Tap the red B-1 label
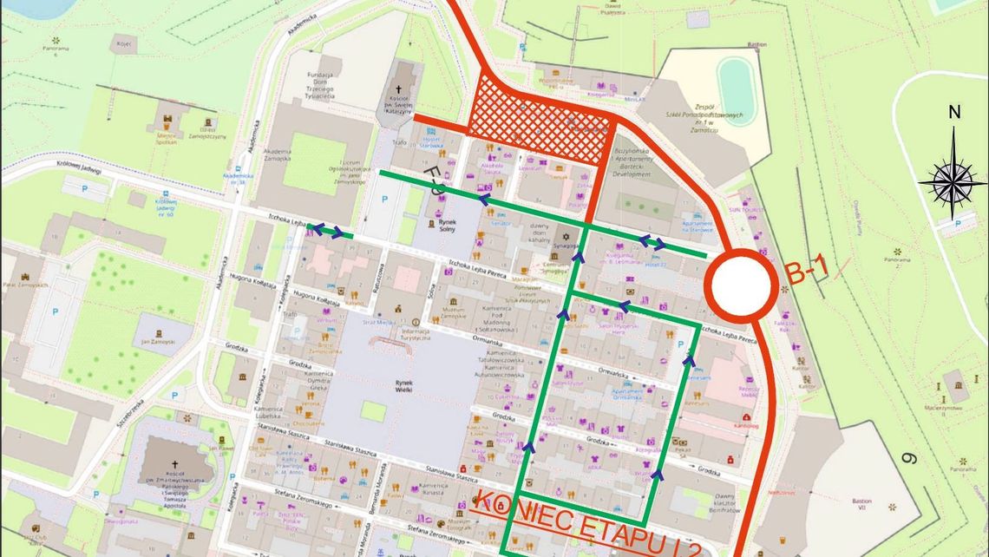[x=808, y=272]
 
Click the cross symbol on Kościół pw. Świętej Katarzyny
[x=401, y=90]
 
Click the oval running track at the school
[x=736, y=92]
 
